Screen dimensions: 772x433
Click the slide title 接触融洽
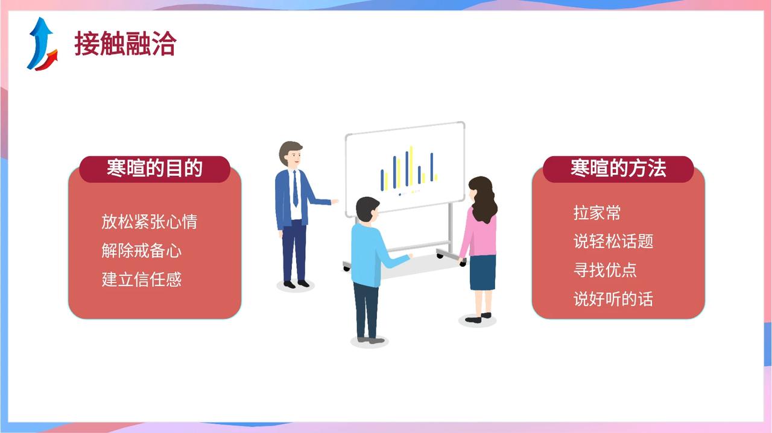[125, 43]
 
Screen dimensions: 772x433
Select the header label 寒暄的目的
[154, 168]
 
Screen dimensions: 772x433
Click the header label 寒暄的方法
[618, 168]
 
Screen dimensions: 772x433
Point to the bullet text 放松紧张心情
[149, 222]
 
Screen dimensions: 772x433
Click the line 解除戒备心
[141, 251]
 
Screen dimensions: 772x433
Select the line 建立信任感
[141, 279]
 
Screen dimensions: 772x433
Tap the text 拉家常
[597, 213]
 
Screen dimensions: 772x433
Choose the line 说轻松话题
[613, 241]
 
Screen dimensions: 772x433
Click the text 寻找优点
[605, 270]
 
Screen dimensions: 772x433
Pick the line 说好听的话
[613, 299]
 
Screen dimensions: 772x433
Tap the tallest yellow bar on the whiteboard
[411, 166]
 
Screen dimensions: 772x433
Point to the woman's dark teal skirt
[483, 273]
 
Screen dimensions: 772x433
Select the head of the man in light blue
[367, 210]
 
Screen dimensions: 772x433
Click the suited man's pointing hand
[335, 202]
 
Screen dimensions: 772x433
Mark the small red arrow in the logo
[48, 61]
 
